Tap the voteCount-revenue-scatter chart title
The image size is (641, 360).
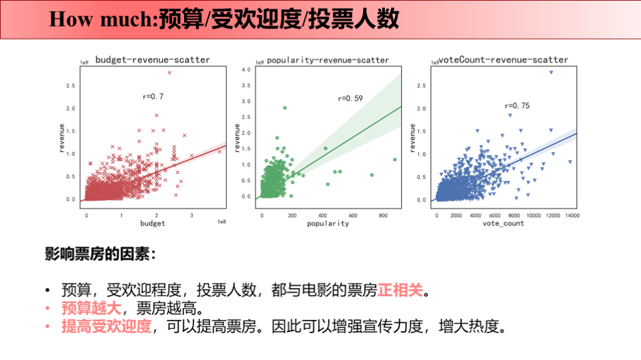[503, 60]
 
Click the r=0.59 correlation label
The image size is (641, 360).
[351, 98]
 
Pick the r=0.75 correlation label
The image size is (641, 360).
[517, 106]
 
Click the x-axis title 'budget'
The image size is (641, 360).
[153, 224]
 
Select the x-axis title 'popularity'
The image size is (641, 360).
[328, 224]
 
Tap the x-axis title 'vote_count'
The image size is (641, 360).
[505, 224]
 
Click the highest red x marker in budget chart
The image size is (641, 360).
[169, 73]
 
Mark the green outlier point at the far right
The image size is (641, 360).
[395, 160]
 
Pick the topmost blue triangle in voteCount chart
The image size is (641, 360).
[551, 73]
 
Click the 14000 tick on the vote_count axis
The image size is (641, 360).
[571, 215]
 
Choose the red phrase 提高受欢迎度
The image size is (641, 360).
[106, 326]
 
